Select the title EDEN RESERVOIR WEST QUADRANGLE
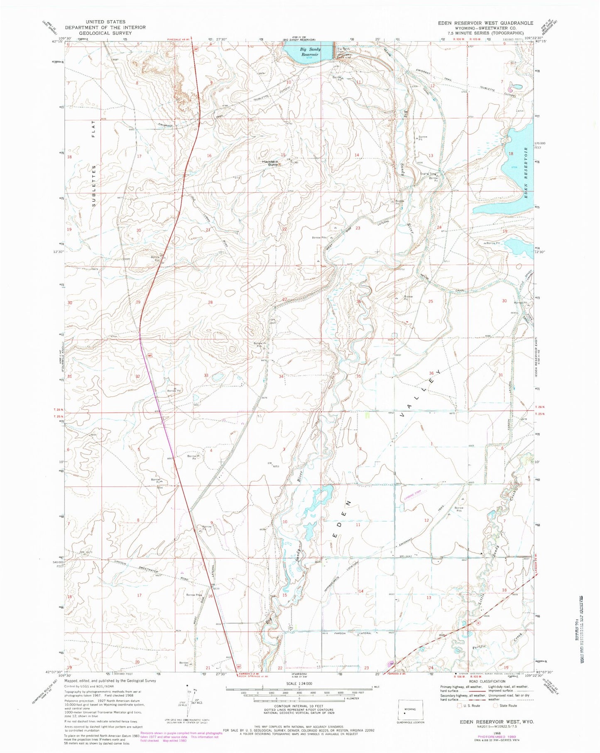click(x=485, y=23)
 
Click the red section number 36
click(x=431, y=374)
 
